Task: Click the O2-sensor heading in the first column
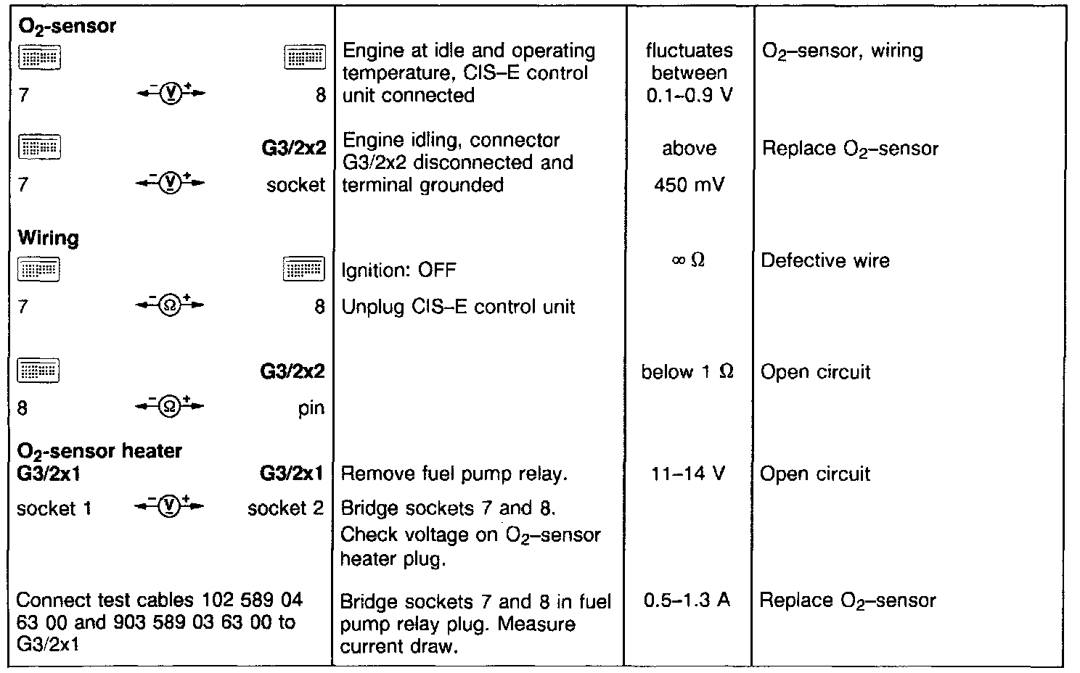67,27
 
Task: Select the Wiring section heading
48,238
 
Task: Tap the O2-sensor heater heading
99,450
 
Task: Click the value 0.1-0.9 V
689,95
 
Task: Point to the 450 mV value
689,185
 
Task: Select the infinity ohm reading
688,260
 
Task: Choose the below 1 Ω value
687,372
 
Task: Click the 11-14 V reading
688,474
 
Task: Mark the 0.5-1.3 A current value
687,600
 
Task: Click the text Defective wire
825,260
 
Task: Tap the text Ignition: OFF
398,271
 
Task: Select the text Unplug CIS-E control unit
458,307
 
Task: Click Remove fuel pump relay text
454,474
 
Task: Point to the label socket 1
54,508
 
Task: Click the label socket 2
285,508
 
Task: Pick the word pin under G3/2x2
311,408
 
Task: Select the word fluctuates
689,51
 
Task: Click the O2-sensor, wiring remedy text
842,51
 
